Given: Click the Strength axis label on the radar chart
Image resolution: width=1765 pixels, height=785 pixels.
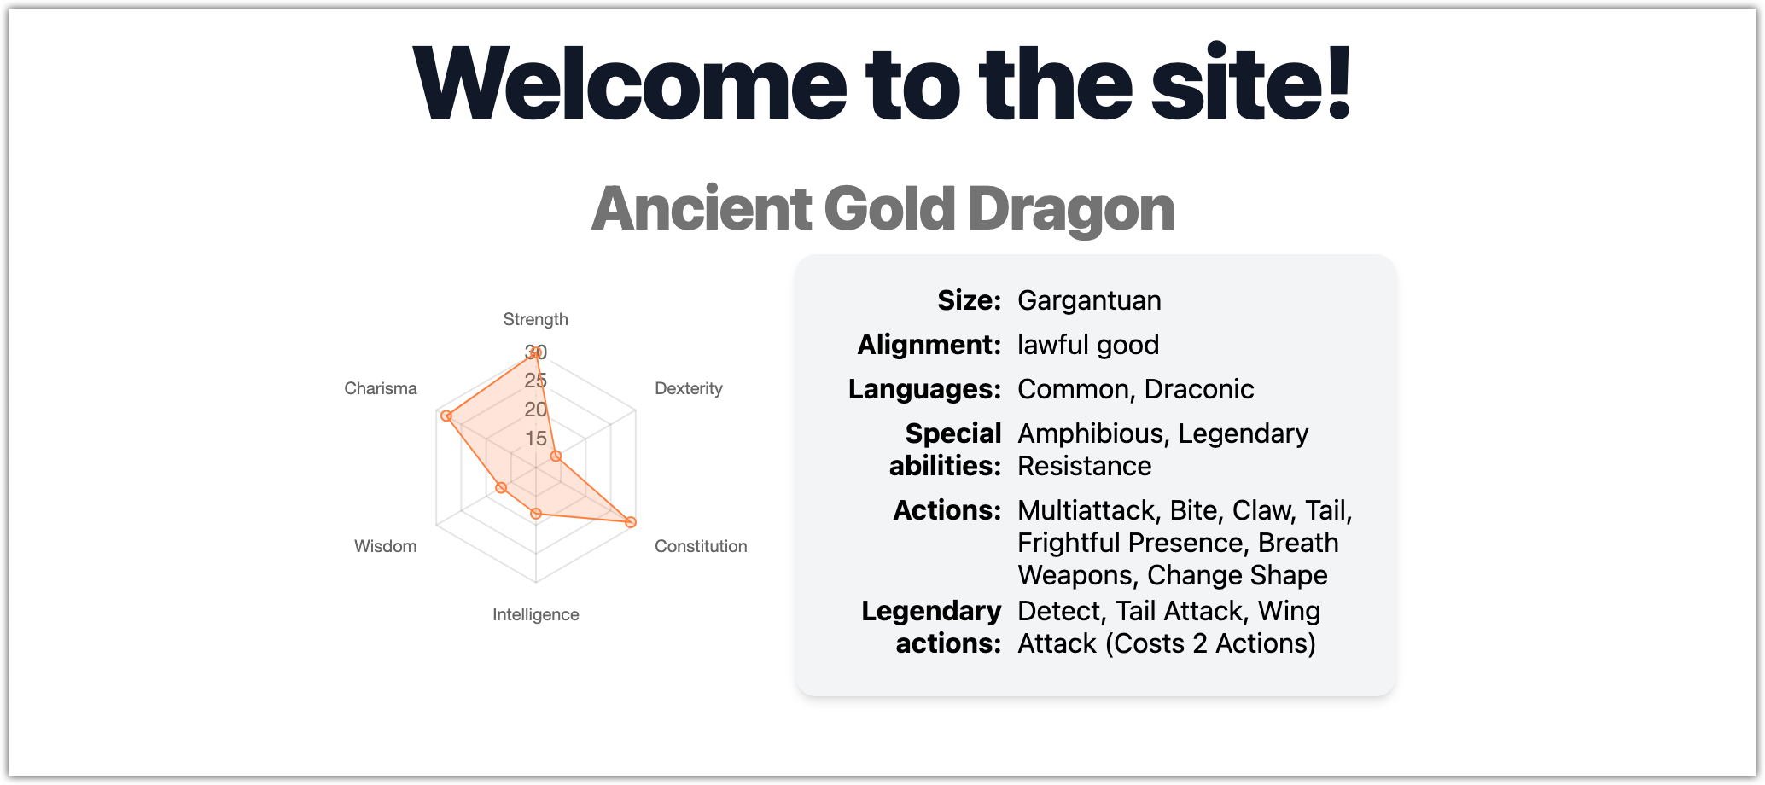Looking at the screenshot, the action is (x=535, y=319).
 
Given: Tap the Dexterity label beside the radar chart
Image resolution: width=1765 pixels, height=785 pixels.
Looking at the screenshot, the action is (x=689, y=388).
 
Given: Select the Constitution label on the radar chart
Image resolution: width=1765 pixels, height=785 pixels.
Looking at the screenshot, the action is (x=701, y=546).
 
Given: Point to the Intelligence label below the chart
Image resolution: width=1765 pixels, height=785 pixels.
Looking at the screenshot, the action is (x=535, y=614).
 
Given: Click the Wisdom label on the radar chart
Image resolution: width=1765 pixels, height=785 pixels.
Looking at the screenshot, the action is (x=386, y=546).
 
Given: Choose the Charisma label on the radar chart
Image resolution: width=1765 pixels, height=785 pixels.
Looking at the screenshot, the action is (x=381, y=388).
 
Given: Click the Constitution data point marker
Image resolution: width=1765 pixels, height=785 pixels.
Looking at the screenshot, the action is (x=631, y=522).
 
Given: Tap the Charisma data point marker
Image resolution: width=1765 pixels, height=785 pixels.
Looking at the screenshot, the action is (x=446, y=416).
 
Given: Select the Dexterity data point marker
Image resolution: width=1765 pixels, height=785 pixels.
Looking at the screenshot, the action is (x=556, y=456).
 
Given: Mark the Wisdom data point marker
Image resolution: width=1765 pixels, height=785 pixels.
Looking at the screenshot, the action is (x=501, y=488).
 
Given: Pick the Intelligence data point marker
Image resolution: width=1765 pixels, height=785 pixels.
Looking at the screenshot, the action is (x=536, y=514).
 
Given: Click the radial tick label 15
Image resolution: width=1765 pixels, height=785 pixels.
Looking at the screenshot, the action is (x=536, y=439).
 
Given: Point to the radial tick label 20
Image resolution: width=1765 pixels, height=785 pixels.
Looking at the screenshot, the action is (x=536, y=410).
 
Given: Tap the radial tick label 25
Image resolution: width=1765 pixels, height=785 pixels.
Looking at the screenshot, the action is (x=536, y=381).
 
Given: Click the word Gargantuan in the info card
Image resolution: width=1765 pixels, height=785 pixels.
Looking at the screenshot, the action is (x=1089, y=301).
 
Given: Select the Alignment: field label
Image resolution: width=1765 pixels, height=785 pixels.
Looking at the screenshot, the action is (x=929, y=345).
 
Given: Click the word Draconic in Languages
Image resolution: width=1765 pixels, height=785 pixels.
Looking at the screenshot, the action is (x=1199, y=389).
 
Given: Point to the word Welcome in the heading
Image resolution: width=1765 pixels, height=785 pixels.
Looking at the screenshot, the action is (x=629, y=83).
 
